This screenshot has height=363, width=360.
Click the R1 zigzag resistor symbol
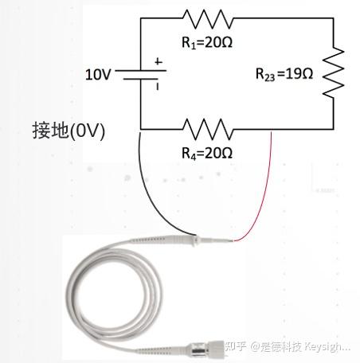[208, 19]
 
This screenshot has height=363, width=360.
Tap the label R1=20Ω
[207, 42]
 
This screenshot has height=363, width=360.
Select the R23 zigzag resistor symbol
[334, 72]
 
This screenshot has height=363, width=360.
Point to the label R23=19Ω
[284, 74]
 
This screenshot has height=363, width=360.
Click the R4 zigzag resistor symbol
[208, 129]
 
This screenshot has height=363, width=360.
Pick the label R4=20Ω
[207, 154]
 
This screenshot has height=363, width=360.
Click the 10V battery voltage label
[98, 75]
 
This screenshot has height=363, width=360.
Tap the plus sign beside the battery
[158, 62]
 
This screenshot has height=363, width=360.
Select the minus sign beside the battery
[158, 87]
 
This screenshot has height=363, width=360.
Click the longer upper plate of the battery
[141, 71]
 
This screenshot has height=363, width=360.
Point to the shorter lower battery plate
[141, 79]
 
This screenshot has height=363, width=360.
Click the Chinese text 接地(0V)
[68, 131]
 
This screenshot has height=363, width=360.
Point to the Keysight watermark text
[288, 346]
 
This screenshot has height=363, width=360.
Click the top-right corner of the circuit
[334, 18]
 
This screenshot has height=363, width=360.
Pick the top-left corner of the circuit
[141, 18]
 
